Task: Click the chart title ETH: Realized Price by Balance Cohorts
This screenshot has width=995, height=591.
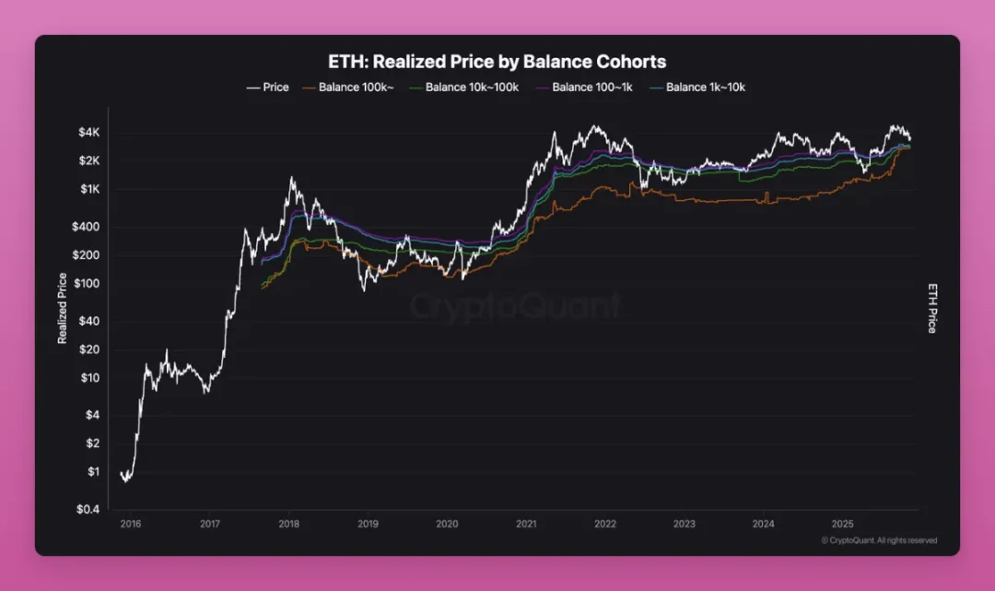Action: point(497,62)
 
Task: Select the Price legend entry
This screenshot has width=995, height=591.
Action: point(268,88)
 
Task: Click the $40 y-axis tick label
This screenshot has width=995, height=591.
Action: point(88,321)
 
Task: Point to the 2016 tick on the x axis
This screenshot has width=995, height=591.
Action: point(130,524)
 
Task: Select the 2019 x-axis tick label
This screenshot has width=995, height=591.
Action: point(368,524)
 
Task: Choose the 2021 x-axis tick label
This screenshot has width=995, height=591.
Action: point(526,524)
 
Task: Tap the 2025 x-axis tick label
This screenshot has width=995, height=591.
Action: point(842,524)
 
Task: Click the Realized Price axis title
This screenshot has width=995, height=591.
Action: point(63,309)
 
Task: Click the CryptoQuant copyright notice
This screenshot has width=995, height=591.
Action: point(879,540)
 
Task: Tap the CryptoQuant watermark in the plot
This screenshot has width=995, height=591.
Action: point(515,305)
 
